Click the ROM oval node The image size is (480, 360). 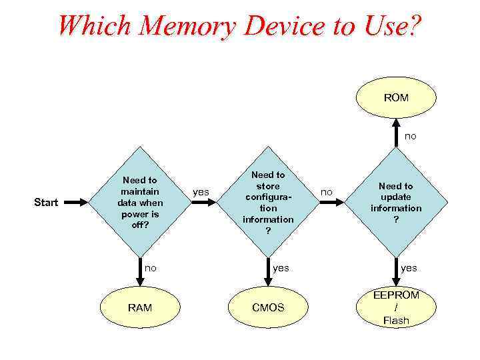(x=396, y=98)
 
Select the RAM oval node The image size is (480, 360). (x=139, y=307)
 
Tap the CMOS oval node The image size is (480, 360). (x=268, y=307)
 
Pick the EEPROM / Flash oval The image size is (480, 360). (x=396, y=307)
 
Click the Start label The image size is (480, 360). (x=45, y=202)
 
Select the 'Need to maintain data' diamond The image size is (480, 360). (x=139, y=202)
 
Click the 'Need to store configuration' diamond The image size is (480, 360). (x=268, y=202)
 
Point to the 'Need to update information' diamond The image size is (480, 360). (x=396, y=202)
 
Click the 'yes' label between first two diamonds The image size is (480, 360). (x=201, y=192)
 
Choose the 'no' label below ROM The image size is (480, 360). (x=411, y=135)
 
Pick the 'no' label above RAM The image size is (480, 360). (x=151, y=267)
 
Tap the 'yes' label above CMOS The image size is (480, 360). (x=281, y=267)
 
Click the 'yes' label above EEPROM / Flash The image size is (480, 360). (x=409, y=267)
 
